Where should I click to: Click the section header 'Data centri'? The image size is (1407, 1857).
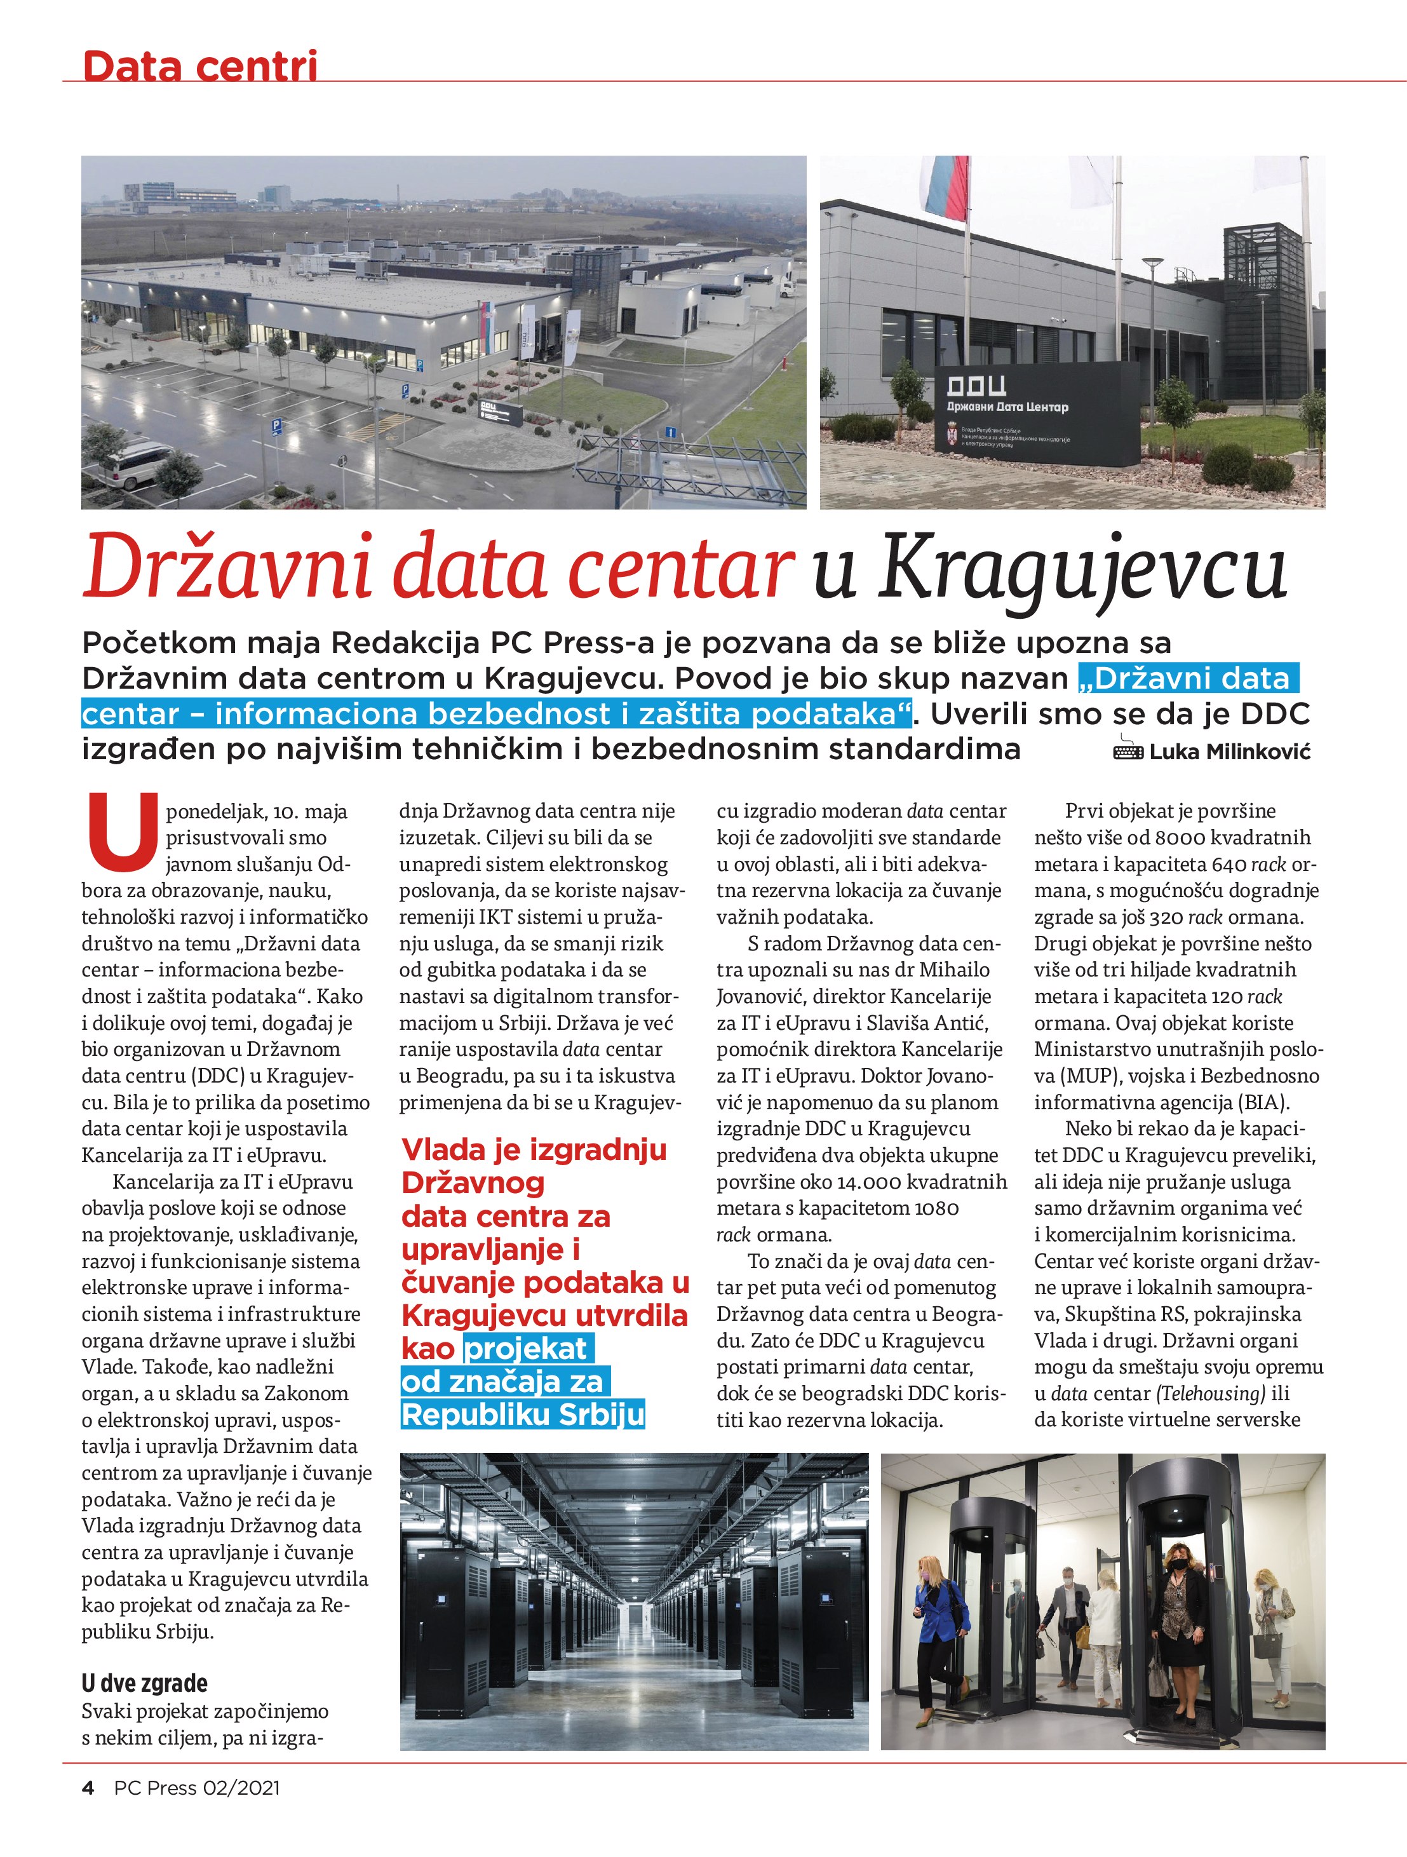click(x=200, y=65)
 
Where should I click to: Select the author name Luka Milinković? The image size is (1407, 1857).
click(x=1229, y=752)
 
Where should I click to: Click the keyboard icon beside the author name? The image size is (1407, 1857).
click(x=1128, y=750)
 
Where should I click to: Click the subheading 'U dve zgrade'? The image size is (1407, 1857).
click(x=144, y=1682)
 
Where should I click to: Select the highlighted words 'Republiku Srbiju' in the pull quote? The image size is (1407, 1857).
click(x=522, y=1415)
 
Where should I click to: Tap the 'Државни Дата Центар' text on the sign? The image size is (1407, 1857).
click(x=1007, y=407)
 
